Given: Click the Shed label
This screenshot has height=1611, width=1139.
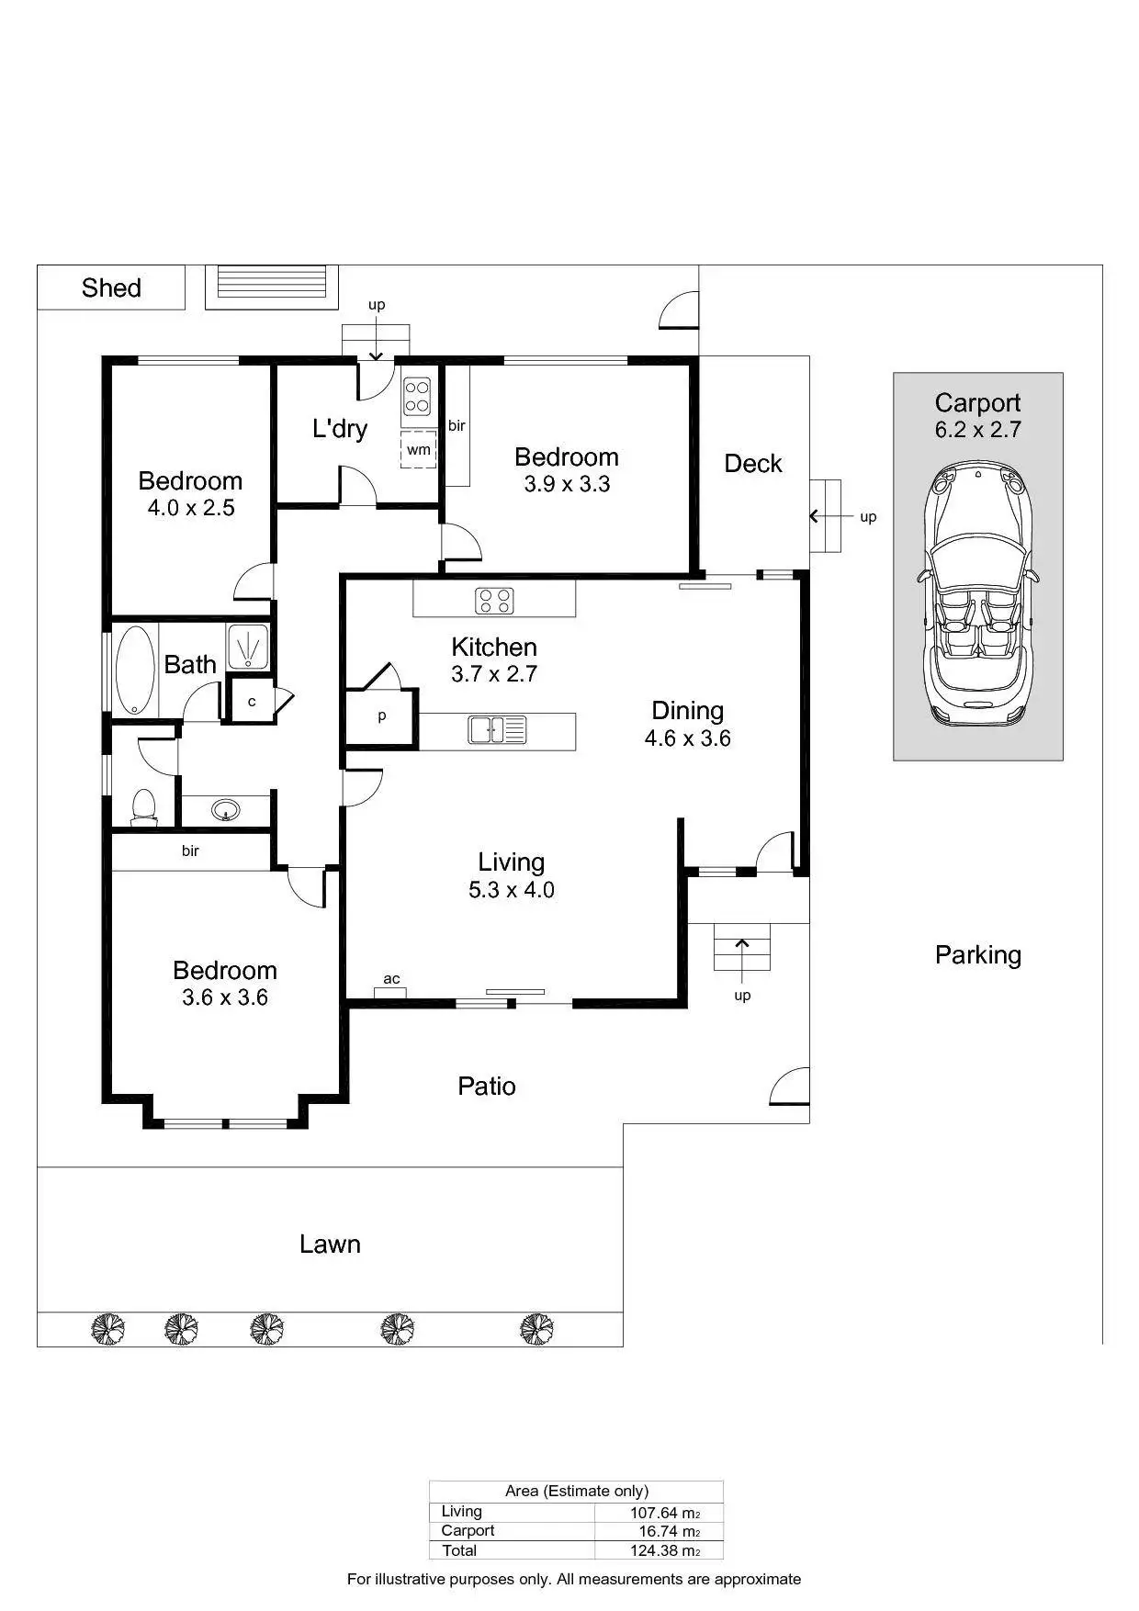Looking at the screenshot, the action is [x=111, y=287].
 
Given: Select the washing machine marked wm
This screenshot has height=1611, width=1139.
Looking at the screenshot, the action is [x=419, y=449].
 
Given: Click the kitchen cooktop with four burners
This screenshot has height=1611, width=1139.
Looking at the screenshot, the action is [x=494, y=601].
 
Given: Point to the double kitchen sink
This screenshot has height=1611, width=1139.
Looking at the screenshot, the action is [x=497, y=730].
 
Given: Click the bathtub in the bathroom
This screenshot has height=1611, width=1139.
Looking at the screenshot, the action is [x=136, y=669].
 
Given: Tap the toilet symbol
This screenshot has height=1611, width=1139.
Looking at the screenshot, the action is [x=143, y=805].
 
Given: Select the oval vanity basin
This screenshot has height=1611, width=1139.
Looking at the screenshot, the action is [x=226, y=810].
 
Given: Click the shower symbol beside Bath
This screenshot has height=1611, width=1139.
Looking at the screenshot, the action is [x=248, y=645].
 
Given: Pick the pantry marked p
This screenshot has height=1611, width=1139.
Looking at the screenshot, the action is [x=381, y=716].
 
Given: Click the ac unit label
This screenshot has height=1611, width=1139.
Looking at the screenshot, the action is [x=391, y=979].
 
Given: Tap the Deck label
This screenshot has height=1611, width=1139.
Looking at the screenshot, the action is [x=753, y=464].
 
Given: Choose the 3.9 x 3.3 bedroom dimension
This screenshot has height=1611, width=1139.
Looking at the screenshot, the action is [x=567, y=484].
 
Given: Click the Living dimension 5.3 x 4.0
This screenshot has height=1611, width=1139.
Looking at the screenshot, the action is [x=512, y=889].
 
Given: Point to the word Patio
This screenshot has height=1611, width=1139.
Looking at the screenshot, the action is [x=487, y=1087].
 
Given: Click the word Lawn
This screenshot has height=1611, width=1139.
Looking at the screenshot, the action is [x=330, y=1245].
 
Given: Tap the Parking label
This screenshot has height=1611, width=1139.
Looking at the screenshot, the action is [x=977, y=955].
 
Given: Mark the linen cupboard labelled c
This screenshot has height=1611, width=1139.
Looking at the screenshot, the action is [x=252, y=702].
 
